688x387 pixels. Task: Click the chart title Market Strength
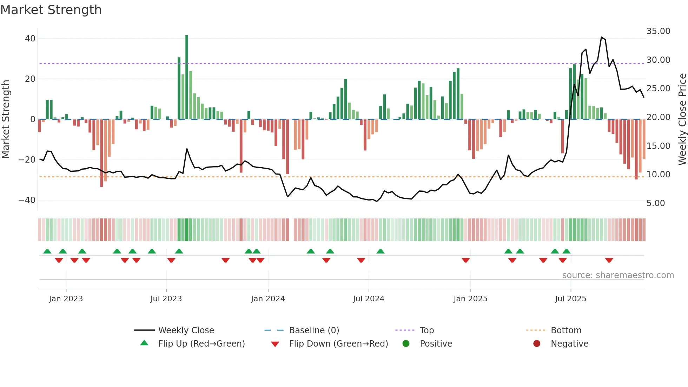pos(51,10)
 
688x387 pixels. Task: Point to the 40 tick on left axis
pos(30,39)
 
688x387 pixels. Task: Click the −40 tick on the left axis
pos(27,200)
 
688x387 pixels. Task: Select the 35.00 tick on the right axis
pos(658,31)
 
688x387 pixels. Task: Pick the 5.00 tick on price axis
pos(655,203)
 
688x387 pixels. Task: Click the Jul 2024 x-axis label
pos(369,299)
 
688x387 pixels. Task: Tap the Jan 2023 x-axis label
pos(66,299)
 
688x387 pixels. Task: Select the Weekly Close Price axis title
pos(682,119)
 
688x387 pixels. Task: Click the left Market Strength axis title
pos(6,119)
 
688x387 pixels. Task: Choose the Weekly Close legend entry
pos(186,330)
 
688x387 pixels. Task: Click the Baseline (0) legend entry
pos(314,330)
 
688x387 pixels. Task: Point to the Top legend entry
pos(426,330)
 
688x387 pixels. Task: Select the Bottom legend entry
pos(566,330)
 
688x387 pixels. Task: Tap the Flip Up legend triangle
pos(144,343)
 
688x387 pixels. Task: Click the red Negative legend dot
pos(537,343)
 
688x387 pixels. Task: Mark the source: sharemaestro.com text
pos(618,275)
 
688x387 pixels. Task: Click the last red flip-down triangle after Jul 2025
pos(609,260)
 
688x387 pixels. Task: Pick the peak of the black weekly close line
pos(602,37)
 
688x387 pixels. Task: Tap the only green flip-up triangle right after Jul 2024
pos(381,251)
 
